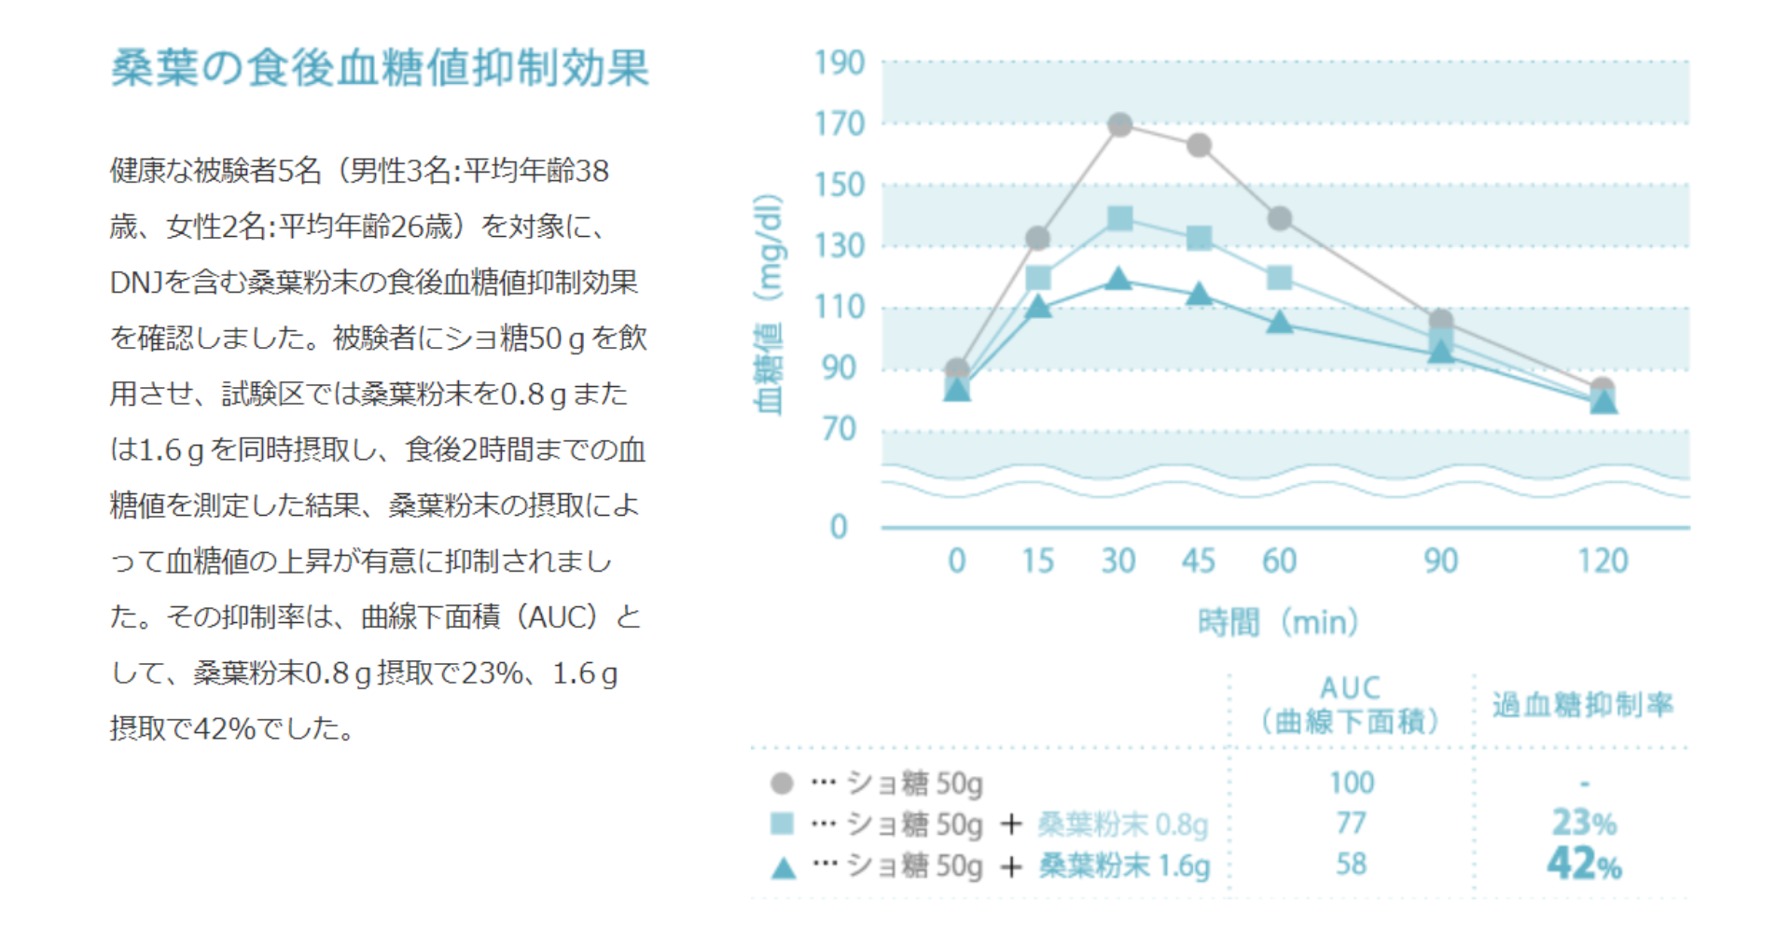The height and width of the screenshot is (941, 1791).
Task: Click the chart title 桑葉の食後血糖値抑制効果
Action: tap(380, 68)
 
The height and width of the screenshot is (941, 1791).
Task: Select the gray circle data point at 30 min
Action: tap(1119, 125)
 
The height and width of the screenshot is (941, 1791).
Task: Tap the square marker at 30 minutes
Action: tap(1119, 219)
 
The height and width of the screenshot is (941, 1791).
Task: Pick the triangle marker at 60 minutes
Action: tap(1280, 323)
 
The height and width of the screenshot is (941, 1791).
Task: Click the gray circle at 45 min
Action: tap(1200, 145)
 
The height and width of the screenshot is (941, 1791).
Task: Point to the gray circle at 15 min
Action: tap(1038, 238)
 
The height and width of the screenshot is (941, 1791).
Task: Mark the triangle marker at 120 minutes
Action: tap(1603, 402)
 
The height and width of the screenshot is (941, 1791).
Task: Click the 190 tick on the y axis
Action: tap(840, 63)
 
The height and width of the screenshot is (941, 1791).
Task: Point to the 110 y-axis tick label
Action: tap(840, 307)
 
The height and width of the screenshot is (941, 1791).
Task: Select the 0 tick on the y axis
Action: tap(839, 527)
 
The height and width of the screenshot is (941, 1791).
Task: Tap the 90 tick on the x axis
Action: tap(1440, 560)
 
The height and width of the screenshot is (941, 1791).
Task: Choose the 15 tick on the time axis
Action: tap(1037, 560)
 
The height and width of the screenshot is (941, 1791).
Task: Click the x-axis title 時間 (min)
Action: tap(1278, 621)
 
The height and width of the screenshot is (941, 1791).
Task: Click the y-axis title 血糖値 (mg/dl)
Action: tap(768, 304)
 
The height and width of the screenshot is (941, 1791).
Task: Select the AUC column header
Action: tap(1351, 704)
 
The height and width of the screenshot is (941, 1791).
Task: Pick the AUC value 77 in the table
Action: tap(1351, 823)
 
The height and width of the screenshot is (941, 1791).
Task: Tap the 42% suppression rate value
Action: tap(1584, 864)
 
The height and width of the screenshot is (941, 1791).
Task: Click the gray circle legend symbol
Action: tap(782, 782)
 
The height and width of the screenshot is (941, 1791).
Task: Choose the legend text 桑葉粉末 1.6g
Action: tap(1124, 865)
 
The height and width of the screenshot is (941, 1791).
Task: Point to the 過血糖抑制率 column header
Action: tap(1582, 704)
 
